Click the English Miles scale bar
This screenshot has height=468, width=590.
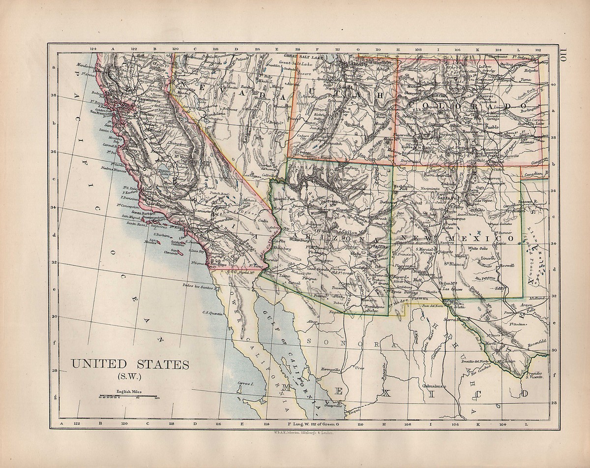128,396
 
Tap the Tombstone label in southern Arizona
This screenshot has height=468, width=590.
376,307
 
